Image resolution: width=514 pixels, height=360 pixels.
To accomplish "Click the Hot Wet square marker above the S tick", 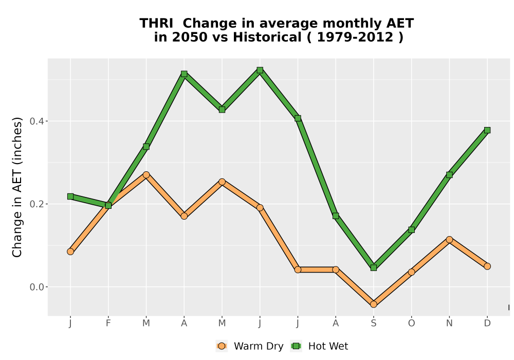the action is (x=373, y=267).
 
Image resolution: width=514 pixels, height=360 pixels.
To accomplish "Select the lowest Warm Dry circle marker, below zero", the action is (x=373, y=304).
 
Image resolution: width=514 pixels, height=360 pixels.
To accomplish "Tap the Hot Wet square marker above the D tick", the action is (x=487, y=130).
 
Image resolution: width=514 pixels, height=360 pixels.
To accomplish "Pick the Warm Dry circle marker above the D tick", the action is (x=487, y=266).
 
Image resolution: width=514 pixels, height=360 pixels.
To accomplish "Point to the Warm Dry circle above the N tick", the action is (x=449, y=240).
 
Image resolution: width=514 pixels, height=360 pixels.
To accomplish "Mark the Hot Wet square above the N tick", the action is (x=449, y=175).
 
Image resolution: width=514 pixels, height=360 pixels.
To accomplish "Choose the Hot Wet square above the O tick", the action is (x=411, y=229).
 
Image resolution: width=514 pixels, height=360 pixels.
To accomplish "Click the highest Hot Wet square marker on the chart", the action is (x=260, y=70).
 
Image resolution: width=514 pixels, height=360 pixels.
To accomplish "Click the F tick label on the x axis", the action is (x=108, y=323).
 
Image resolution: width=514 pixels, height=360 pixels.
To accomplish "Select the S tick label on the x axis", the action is (x=373, y=323).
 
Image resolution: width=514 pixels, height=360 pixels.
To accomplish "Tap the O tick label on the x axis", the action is (x=411, y=323).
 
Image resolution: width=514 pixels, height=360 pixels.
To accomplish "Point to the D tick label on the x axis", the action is (x=487, y=323).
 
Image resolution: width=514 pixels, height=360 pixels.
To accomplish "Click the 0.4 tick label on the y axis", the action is (x=36, y=121).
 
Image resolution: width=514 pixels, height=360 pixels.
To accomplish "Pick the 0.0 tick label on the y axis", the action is (x=36, y=287).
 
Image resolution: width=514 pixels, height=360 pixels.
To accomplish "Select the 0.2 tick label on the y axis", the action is (x=36, y=204).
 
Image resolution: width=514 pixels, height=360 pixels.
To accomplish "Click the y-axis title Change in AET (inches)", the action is (x=17, y=187).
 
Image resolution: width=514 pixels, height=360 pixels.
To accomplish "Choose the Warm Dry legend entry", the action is (x=249, y=346).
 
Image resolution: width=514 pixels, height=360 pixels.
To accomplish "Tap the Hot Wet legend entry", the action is (x=319, y=346).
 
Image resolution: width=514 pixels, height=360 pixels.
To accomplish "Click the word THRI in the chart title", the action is (x=156, y=24).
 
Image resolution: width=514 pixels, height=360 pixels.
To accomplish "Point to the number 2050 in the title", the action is (x=190, y=38).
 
